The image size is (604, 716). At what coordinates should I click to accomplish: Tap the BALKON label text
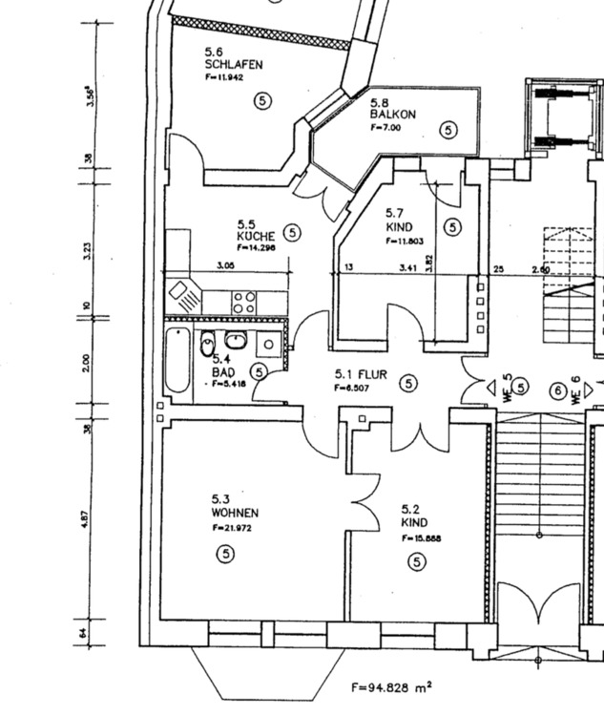tap(393, 115)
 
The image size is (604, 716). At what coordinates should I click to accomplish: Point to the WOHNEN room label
tap(235, 513)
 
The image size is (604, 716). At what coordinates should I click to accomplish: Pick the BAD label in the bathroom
tap(223, 371)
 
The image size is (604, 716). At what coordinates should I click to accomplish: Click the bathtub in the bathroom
tap(177, 361)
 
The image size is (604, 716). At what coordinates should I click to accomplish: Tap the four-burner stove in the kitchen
tap(243, 304)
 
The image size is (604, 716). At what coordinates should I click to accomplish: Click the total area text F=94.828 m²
tap(391, 685)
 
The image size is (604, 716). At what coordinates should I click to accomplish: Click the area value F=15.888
tap(421, 538)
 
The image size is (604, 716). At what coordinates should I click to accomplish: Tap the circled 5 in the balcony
tap(448, 129)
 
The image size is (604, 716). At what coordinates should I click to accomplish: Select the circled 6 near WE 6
tap(557, 390)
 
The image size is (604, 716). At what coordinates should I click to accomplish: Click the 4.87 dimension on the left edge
tap(86, 518)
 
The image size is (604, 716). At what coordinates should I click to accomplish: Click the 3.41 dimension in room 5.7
tap(407, 268)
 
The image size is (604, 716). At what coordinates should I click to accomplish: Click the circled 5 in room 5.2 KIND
tap(417, 562)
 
